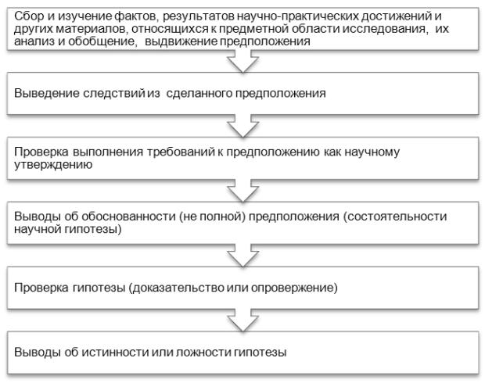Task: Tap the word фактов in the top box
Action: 135,16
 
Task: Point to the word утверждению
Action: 53,164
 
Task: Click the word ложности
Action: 203,353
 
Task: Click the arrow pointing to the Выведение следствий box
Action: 243,61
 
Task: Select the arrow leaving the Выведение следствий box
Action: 243,126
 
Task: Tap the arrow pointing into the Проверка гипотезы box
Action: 243,256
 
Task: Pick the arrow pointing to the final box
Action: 243,320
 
